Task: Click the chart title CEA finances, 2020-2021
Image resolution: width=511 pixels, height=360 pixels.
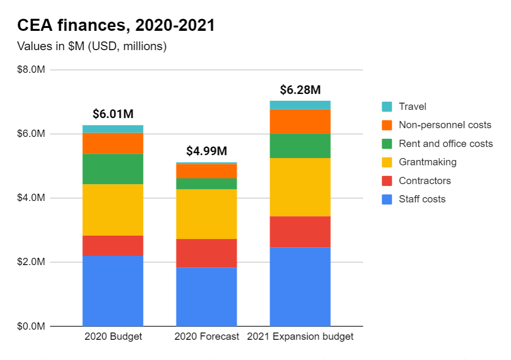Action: click(116, 26)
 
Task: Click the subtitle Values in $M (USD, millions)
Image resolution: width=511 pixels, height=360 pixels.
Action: click(92, 47)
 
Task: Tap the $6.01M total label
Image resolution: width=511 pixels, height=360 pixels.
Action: click(113, 114)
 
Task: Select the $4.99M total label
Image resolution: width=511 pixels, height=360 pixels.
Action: click(207, 151)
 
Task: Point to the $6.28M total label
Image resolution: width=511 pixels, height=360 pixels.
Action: click(300, 90)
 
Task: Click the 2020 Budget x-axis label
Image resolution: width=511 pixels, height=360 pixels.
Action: click(113, 336)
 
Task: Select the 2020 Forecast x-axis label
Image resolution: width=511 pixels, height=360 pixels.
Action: click(207, 336)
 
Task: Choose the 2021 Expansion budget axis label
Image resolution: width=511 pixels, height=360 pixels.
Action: click(300, 336)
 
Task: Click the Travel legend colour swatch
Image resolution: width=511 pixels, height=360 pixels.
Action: click(387, 107)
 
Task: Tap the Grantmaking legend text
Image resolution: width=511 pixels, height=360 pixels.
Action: click(427, 162)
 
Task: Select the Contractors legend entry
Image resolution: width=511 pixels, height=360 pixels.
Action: click(425, 181)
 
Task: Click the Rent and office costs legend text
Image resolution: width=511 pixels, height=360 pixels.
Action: click(445, 144)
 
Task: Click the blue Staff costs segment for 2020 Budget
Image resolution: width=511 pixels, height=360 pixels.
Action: click(113, 291)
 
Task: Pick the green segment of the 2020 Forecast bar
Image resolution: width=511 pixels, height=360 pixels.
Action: click(207, 184)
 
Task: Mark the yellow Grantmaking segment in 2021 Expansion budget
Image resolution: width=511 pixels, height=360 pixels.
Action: click(300, 187)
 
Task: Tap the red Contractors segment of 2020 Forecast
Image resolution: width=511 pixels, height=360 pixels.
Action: click(207, 253)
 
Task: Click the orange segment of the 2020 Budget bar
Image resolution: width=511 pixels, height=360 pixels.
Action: click(113, 143)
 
